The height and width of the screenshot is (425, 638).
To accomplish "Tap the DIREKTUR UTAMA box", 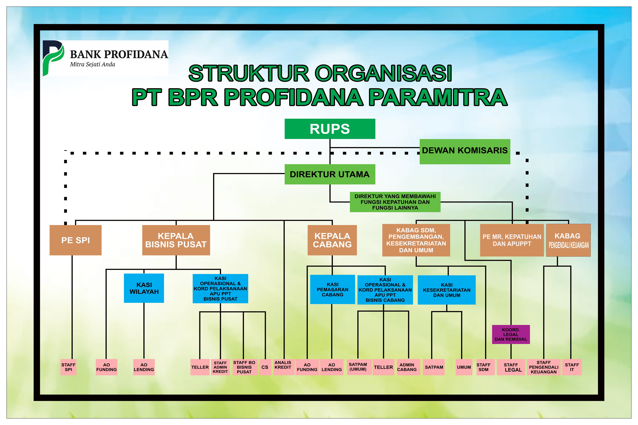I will [330, 174].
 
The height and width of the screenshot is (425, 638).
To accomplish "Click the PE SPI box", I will [75, 240].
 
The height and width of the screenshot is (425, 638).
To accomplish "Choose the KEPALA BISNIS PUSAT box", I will [176, 240].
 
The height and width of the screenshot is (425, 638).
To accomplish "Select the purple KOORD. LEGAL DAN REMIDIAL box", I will [511, 334].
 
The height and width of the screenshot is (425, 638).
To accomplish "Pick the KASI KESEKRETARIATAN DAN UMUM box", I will [446, 290].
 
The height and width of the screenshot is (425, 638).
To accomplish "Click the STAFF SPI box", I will [68, 367].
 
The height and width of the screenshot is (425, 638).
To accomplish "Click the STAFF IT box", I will [572, 367].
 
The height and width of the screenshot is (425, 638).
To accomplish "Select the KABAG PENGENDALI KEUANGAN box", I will [568, 240].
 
